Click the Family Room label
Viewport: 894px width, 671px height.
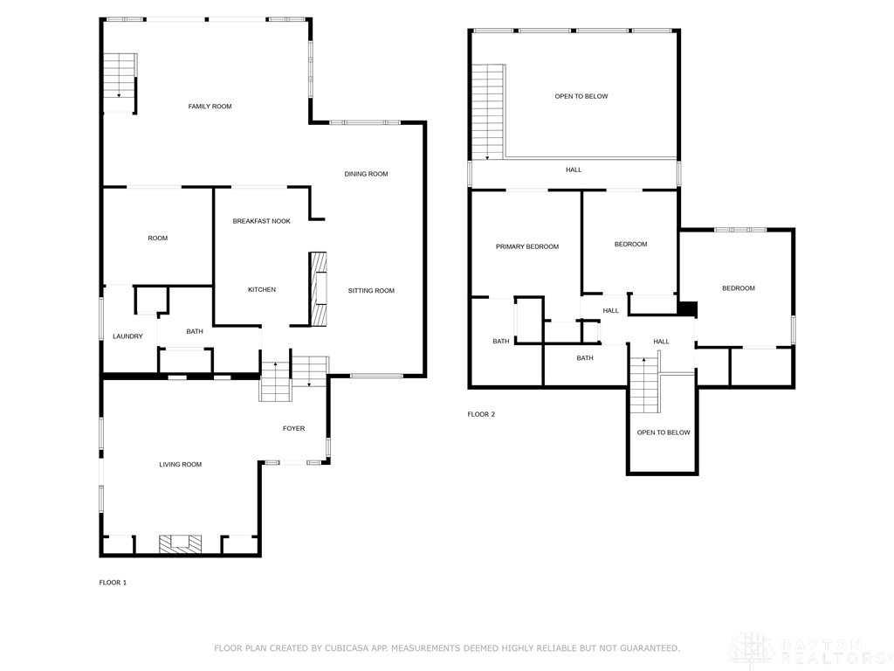(210, 106)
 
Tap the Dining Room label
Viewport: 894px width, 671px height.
(366, 174)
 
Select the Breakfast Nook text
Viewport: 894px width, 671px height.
(262, 221)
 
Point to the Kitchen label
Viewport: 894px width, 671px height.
(262, 290)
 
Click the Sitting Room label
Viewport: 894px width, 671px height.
(371, 290)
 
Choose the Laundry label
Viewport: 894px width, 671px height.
(127, 336)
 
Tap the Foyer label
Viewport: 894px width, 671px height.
(293, 428)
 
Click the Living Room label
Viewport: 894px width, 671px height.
(180, 465)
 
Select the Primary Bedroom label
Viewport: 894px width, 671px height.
(526, 246)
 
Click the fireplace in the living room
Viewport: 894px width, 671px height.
(180, 543)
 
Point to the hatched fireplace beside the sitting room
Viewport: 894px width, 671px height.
(318, 289)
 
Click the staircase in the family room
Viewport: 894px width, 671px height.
(120, 83)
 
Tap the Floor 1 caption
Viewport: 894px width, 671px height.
(113, 583)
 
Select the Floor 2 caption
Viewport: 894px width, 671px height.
(481, 414)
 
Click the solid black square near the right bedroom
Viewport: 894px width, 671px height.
(688, 308)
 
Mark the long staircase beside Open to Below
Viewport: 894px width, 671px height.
(489, 113)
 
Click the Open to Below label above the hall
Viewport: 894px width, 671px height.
(581, 96)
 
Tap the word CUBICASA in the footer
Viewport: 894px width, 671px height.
(347, 648)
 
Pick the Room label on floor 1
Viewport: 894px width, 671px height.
(158, 238)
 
